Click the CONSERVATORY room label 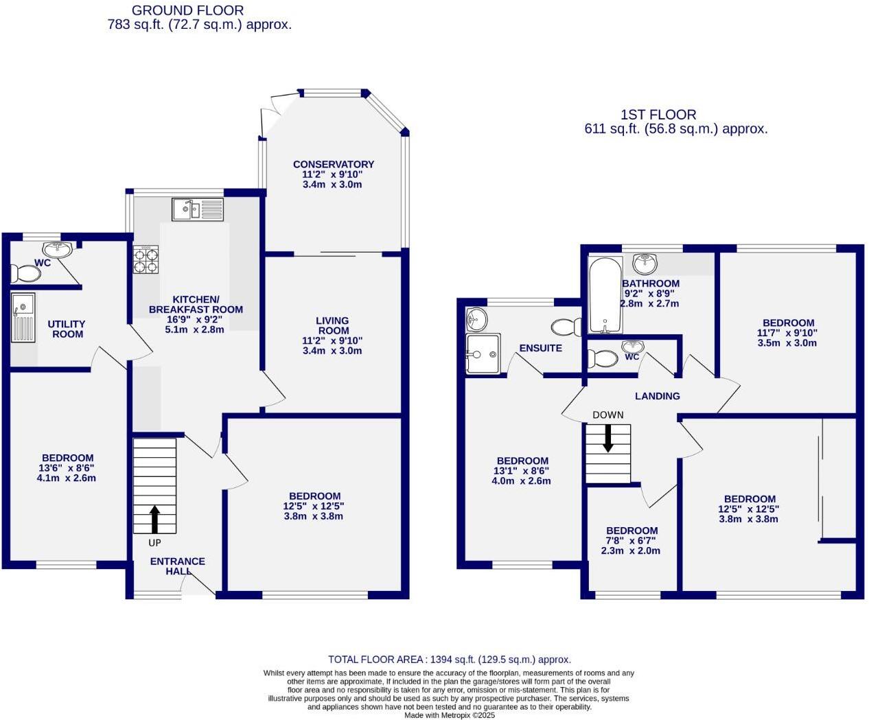[333, 164]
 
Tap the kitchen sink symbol [198, 209]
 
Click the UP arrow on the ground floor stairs [154, 519]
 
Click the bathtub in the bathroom [605, 294]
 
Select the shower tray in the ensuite [483, 353]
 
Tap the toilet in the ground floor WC [27, 274]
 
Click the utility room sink [23, 318]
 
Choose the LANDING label [657, 396]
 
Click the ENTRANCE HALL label [177, 566]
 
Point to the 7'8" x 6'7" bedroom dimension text [631, 541]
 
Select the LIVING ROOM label [333, 325]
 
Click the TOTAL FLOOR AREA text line [449, 660]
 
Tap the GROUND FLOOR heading [187, 10]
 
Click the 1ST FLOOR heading [658, 115]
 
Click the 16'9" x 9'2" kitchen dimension [195, 319]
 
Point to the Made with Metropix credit [449, 715]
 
